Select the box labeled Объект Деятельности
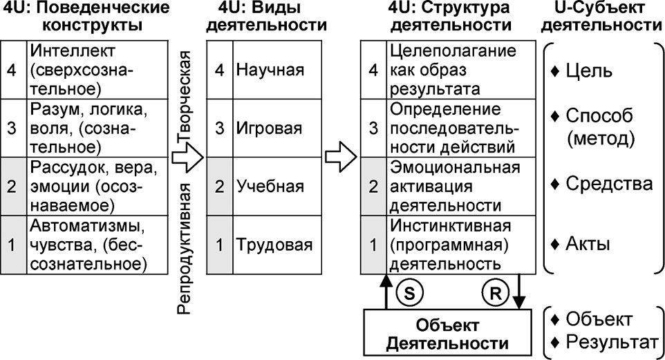[447, 332]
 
